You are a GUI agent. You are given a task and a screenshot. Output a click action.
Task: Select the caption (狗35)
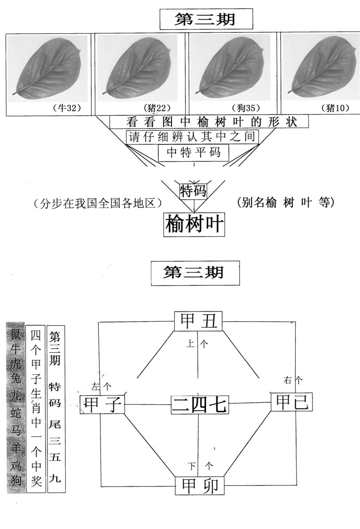[x=245, y=108]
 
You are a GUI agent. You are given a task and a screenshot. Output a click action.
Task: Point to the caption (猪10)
[x=335, y=108]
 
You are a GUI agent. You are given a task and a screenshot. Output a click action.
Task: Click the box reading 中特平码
[x=194, y=153]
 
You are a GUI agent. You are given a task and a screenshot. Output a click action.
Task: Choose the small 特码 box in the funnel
[x=193, y=191]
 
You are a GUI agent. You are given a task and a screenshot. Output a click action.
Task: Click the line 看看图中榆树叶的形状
[x=209, y=121]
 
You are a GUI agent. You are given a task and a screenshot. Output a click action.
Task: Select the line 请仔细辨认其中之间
[x=192, y=137]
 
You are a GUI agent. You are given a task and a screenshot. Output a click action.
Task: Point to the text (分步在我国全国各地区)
[x=96, y=204]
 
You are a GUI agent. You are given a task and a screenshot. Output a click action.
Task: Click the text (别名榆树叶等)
[x=286, y=202]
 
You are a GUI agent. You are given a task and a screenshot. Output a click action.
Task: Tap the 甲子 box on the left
[x=102, y=405]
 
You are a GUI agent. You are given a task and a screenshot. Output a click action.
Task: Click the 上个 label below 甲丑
[x=197, y=344]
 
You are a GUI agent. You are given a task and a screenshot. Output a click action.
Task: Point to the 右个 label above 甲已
[x=293, y=380]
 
